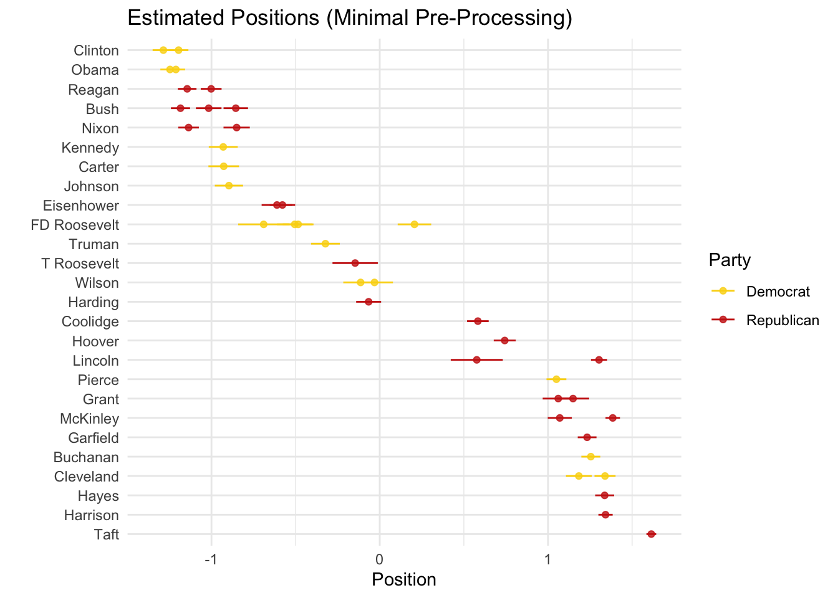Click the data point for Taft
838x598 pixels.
pos(651,534)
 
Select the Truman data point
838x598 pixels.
pos(325,244)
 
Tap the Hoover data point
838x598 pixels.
pos(504,340)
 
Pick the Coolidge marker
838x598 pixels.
pos(478,321)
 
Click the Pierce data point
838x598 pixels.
pos(556,379)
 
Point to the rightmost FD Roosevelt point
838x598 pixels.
pos(414,224)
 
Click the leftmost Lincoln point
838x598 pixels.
pos(476,359)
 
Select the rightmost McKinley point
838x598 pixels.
pos(612,417)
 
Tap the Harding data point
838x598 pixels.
pos(368,301)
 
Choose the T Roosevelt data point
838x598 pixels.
pos(355,263)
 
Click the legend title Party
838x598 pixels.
pos(730,260)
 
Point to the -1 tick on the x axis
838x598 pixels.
pos(211,558)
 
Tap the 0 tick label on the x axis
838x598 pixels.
pos(379,558)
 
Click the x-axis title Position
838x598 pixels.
pos(403,580)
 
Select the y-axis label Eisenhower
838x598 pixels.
pos(80,206)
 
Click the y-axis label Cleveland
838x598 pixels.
pos(86,477)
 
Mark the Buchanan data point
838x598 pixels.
pos(590,457)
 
